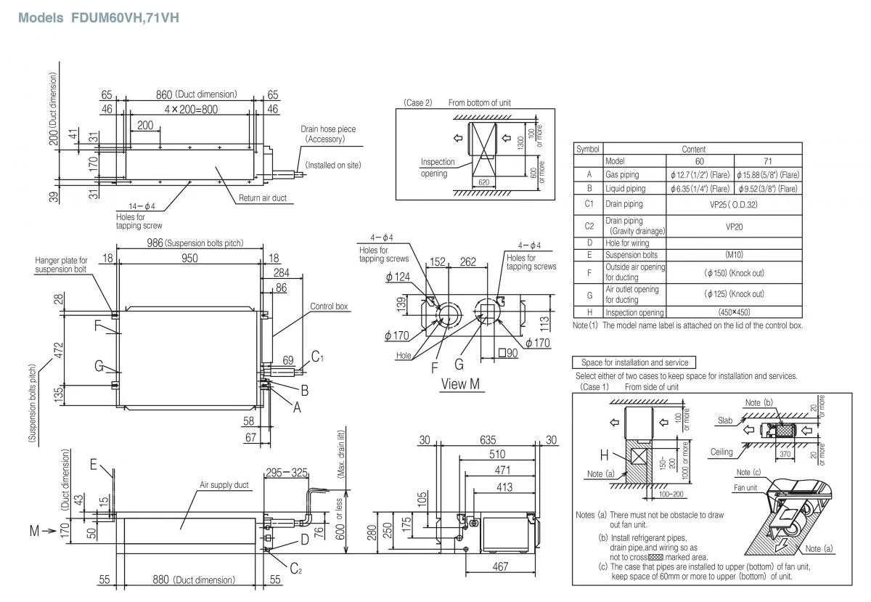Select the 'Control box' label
click(x=330, y=306)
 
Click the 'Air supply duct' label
click(x=224, y=484)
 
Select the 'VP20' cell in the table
click(x=734, y=226)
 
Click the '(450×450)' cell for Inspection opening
click(x=734, y=313)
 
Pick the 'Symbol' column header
click(x=587, y=149)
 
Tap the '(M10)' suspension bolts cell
click(x=734, y=255)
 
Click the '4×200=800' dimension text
click(x=190, y=109)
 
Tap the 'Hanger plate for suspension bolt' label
click(x=62, y=264)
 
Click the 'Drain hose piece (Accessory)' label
click(x=328, y=134)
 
